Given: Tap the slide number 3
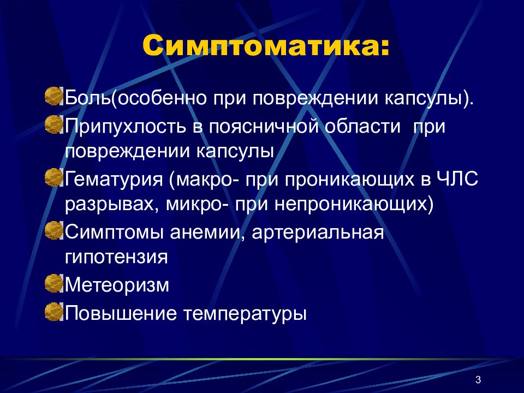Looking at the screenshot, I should point(478,380).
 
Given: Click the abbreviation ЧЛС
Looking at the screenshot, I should point(459,178).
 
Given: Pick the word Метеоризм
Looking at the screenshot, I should point(117,285).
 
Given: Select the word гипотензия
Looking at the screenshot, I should point(116,257).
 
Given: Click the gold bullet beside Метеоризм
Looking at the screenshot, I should point(54,283).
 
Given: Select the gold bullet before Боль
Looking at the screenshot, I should point(54,96).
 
